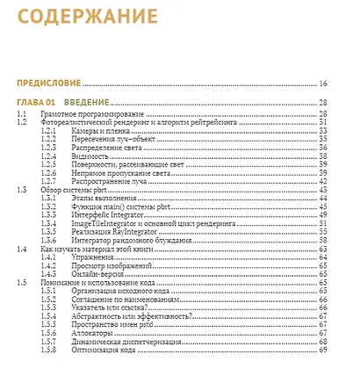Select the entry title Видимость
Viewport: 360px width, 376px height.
[94, 155]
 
